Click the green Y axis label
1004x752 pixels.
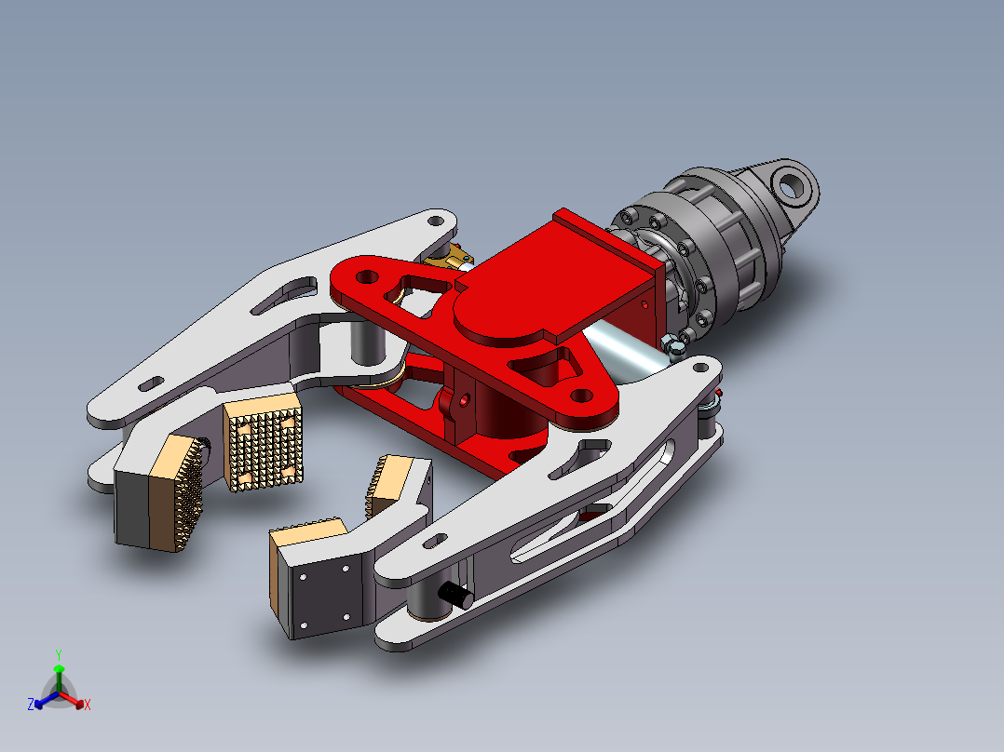pos(59,654)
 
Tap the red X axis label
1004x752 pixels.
pos(88,705)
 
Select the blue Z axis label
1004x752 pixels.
pos(31,704)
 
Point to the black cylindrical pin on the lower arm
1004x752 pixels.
pos(456,596)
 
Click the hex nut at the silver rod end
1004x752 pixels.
pos(673,345)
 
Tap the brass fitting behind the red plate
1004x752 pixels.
pos(451,257)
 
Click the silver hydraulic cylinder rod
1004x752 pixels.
pos(624,348)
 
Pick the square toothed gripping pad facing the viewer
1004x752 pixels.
pos(263,441)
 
